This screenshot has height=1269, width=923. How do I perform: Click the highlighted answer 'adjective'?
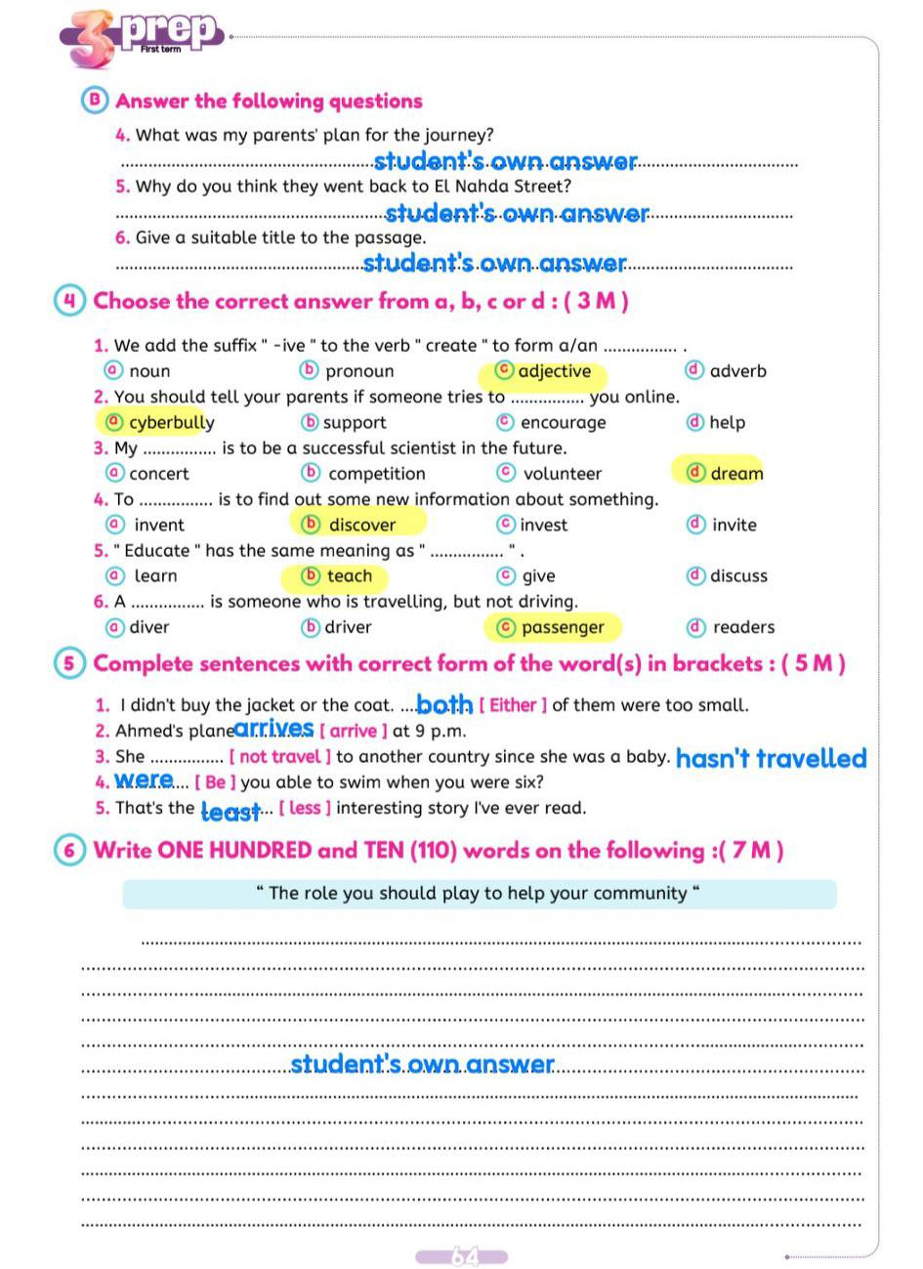point(553,371)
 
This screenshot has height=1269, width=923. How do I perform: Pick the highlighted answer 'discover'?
point(361,525)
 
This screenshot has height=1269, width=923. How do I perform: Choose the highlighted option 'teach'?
point(349,576)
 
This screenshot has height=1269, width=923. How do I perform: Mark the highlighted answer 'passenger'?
point(563,627)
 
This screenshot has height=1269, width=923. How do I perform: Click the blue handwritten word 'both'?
point(444,704)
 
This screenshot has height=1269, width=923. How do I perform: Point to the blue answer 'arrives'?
point(274,729)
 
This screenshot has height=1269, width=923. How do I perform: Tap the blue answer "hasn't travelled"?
point(771,758)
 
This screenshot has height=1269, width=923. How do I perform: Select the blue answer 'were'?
point(144,781)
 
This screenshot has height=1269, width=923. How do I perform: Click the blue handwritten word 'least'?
point(231,811)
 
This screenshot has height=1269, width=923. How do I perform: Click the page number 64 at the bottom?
point(462,1256)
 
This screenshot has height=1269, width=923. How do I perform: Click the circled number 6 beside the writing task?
point(69,850)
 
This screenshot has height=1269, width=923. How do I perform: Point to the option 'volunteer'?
point(562,474)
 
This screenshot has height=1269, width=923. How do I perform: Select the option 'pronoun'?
point(359,371)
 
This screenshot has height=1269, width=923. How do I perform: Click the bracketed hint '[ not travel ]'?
point(280,756)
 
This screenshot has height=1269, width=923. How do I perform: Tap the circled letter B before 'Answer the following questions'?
point(95,101)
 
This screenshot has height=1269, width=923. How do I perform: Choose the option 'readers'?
point(743,627)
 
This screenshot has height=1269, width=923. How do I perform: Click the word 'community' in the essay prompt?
point(643,893)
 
